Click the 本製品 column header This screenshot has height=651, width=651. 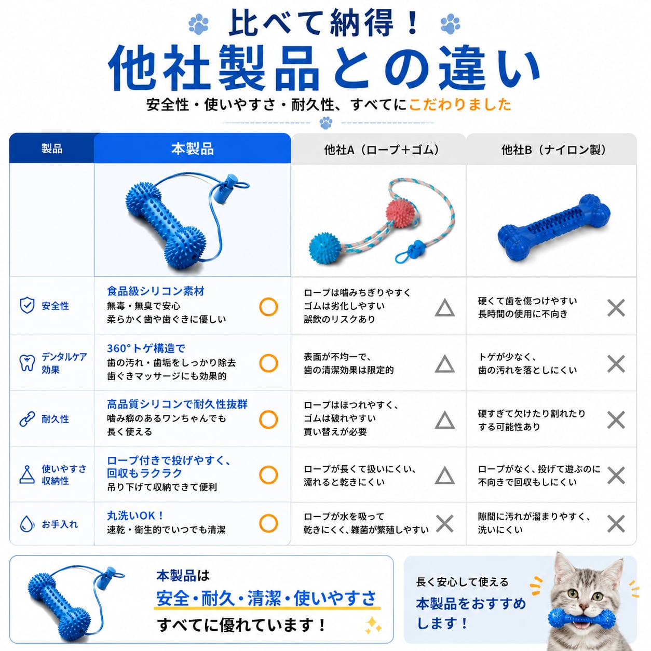tap(192, 148)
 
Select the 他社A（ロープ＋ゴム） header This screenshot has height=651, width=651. tap(382, 150)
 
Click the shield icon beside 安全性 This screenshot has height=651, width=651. tap(27, 305)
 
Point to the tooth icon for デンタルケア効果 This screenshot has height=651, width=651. tap(27, 363)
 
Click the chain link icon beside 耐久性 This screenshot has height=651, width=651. tap(27, 419)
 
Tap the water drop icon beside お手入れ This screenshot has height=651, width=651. tap(27, 524)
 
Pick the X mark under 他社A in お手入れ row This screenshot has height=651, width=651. tap(444, 524)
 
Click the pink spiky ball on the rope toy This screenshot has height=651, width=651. tap(400, 213)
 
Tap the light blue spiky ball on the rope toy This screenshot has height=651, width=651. tap(325, 248)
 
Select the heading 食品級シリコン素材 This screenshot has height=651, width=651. tap(156, 291)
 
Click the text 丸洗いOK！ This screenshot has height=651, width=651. tap(135, 516)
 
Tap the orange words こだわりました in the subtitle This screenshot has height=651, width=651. tap(460, 104)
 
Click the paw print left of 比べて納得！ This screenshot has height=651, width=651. tap(198, 24)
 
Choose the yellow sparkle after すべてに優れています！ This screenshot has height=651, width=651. tap(373, 626)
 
